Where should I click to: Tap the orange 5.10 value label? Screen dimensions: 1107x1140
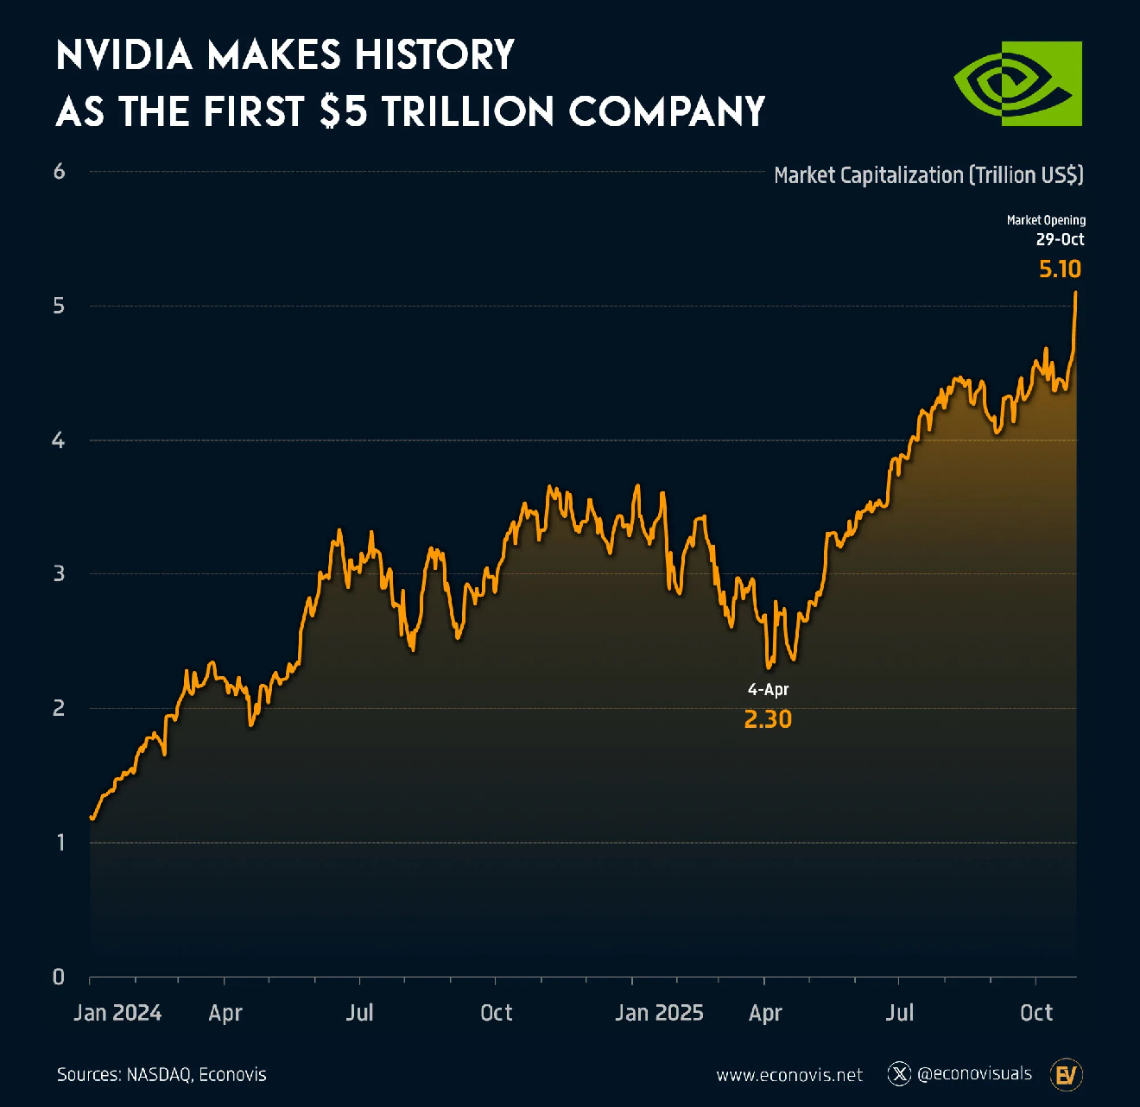click(x=1060, y=269)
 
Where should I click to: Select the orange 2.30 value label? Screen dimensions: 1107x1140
click(x=768, y=719)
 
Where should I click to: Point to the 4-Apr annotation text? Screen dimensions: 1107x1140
click(x=768, y=689)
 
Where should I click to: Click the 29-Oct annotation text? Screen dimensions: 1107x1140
click(x=1060, y=239)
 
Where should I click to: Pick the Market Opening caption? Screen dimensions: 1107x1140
click(x=1046, y=220)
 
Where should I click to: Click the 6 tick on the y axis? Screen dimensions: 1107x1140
click(x=59, y=172)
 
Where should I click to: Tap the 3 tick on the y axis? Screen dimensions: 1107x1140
click(x=59, y=573)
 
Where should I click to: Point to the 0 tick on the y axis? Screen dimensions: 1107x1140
click(x=59, y=977)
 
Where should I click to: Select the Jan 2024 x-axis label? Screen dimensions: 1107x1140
click(x=117, y=1013)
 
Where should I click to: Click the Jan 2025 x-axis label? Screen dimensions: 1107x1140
click(x=659, y=1013)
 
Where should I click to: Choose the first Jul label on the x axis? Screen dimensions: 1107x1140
click(x=359, y=1013)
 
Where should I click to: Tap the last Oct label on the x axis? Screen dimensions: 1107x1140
click(x=1036, y=1013)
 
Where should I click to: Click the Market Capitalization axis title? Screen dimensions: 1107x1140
click(x=928, y=175)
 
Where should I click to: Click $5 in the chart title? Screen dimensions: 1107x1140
click(x=343, y=112)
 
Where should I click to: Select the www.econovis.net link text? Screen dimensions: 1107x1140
click(x=789, y=1075)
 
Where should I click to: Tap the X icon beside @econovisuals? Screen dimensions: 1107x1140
click(x=900, y=1073)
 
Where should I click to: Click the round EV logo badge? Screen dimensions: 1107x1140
click(x=1067, y=1075)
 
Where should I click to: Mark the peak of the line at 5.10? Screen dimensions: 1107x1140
click(x=1075, y=293)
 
